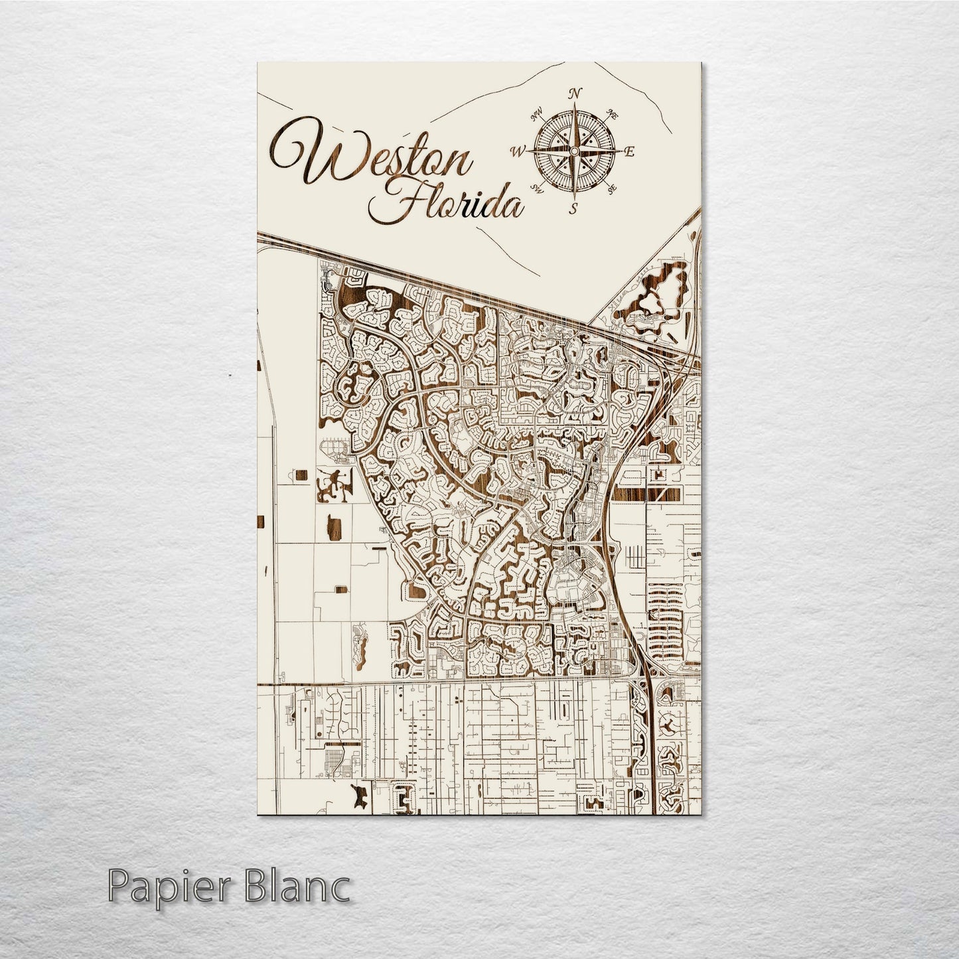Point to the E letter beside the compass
coord(630,152)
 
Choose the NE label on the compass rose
coord(613,115)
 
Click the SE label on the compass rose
coord(611,189)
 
